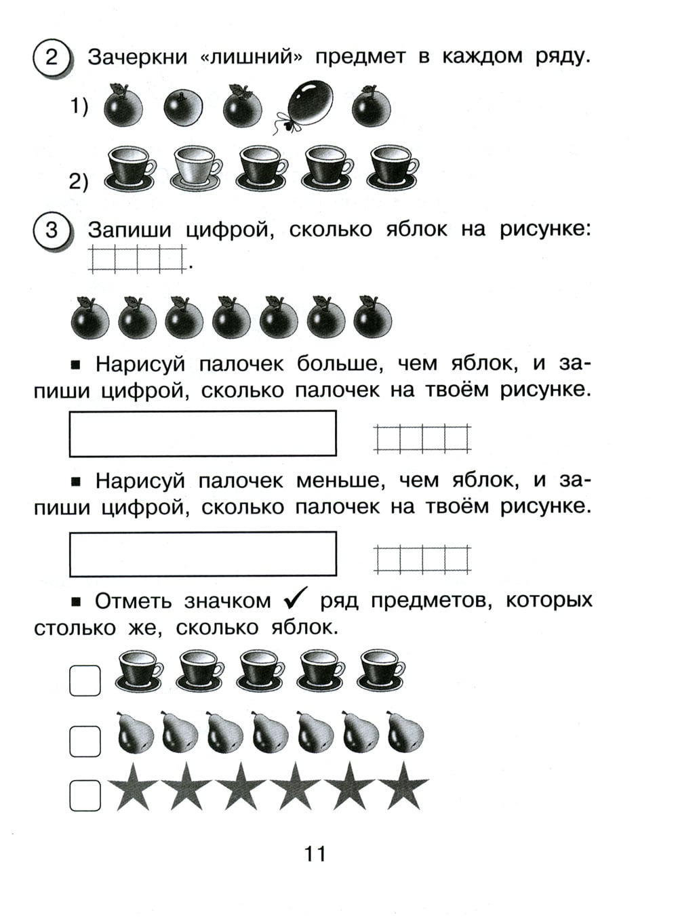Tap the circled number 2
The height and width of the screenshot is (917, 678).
pyautogui.click(x=51, y=57)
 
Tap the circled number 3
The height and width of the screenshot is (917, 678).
pyautogui.click(x=51, y=230)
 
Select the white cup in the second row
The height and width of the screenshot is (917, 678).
pyautogui.click(x=197, y=167)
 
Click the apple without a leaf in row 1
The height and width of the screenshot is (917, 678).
pyautogui.click(x=183, y=108)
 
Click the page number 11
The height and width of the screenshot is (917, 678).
pyautogui.click(x=315, y=854)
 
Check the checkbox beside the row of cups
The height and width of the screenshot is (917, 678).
pyautogui.click(x=85, y=680)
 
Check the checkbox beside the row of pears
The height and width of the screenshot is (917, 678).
pyautogui.click(x=85, y=741)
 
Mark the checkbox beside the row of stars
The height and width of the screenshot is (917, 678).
pyautogui.click(x=85, y=795)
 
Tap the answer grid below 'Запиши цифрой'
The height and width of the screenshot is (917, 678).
pyautogui.click(x=137, y=259)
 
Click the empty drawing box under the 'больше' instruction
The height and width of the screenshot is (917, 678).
pyautogui.click(x=203, y=434)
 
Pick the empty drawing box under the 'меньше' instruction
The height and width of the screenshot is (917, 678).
pyautogui.click(x=203, y=554)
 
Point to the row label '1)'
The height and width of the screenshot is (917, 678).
pyautogui.click(x=79, y=106)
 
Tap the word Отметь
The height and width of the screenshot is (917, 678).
pyautogui.click(x=136, y=601)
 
